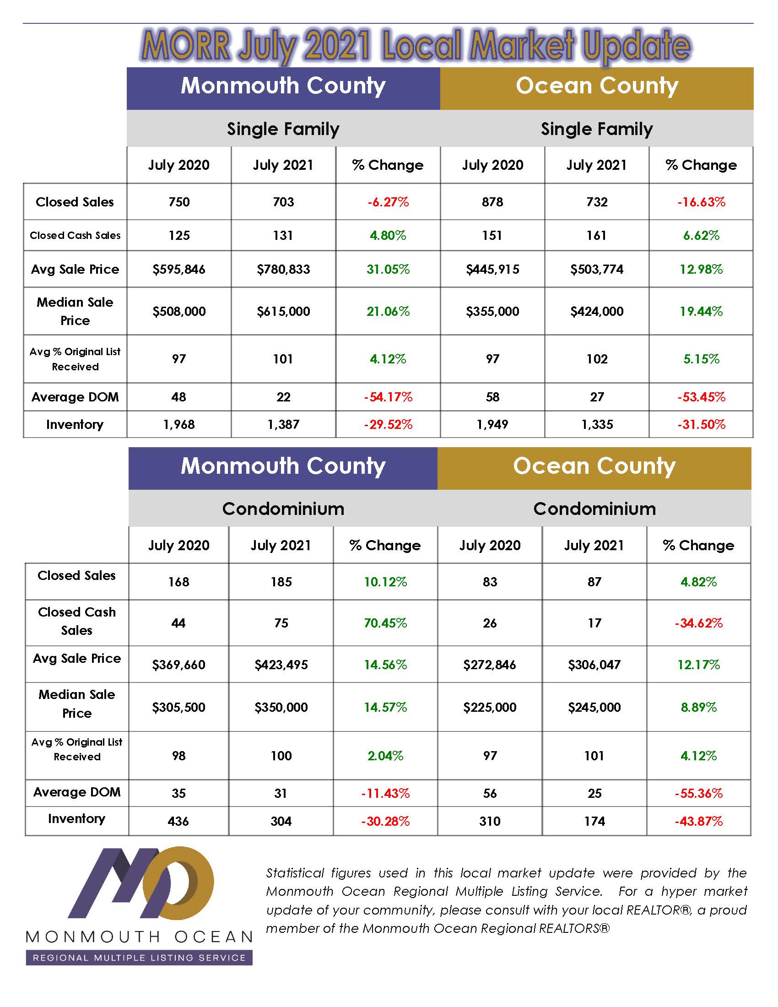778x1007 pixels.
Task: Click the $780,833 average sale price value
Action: click(283, 269)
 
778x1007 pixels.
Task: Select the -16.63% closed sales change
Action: click(701, 202)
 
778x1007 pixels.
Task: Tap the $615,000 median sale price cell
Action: click(283, 312)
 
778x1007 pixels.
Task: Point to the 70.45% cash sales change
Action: click(385, 623)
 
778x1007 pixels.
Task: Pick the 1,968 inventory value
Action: click(179, 424)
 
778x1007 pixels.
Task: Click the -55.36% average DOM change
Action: click(699, 793)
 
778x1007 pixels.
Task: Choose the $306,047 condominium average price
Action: click(594, 665)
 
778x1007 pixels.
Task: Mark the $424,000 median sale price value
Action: click(597, 312)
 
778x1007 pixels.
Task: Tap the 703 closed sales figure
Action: click(283, 202)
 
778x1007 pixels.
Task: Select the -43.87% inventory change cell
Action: click(699, 821)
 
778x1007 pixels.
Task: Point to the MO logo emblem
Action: click(143, 883)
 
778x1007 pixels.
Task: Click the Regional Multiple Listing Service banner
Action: click(139, 958)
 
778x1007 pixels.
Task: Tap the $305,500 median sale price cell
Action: click(179, 707)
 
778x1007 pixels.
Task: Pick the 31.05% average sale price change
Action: click(388, 269)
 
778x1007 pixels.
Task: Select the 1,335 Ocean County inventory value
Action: click(597, 424)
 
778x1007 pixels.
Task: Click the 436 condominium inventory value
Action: click(178, 821)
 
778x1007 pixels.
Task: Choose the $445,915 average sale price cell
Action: click(492, 269)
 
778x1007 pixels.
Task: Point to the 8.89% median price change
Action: click(699, 707)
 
